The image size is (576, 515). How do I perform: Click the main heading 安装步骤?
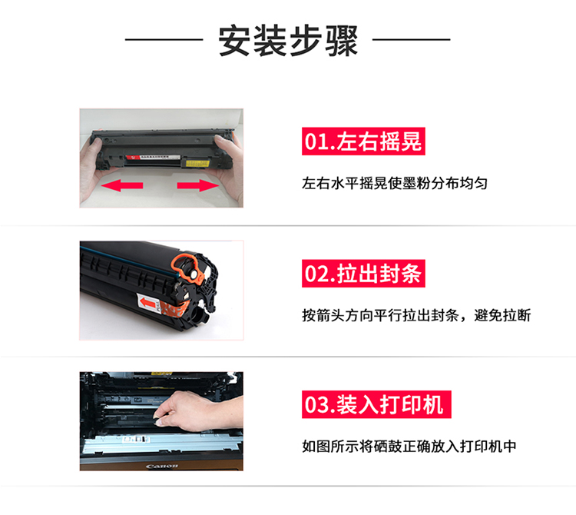288,41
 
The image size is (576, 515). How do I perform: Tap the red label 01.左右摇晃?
363,141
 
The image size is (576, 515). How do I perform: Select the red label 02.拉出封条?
363,274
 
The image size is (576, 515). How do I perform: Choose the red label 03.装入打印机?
376,404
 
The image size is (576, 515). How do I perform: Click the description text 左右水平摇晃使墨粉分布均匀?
395,183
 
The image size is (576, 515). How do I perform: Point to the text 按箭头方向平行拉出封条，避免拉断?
416,315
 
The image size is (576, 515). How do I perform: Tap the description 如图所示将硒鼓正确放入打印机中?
409,447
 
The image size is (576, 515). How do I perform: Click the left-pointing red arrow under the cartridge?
122,185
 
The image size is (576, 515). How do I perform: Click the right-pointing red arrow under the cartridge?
198,185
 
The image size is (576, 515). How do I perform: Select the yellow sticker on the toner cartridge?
197,163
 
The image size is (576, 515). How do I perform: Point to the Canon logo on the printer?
162,467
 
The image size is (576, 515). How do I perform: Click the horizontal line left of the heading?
164,39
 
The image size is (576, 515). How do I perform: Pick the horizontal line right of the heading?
412,39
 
